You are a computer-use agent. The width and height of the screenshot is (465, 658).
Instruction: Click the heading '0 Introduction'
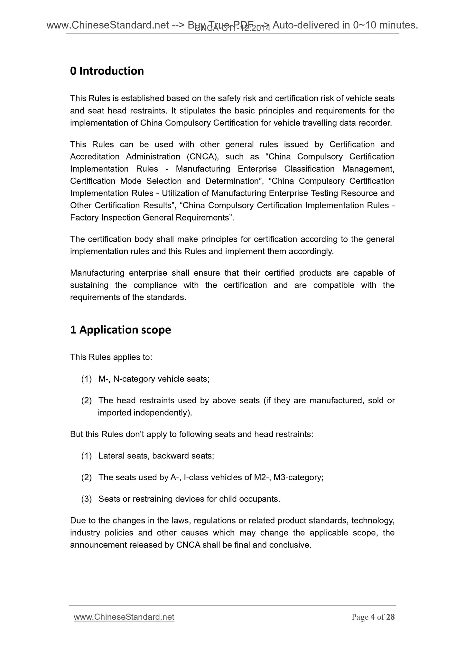point(107,71)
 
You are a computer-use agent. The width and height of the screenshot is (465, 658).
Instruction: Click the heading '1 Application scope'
point(120,330)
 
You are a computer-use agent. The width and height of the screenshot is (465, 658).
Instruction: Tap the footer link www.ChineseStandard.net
point(124,617)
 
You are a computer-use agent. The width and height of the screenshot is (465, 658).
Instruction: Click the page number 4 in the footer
point(373,617)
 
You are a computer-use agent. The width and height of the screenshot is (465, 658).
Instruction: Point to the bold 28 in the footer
point(390,617)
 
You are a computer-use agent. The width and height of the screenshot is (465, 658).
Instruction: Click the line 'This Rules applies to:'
point(111,357)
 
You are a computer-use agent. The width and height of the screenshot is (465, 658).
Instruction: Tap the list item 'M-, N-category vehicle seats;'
point(154,379)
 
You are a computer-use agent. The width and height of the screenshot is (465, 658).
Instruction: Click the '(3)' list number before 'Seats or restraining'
point(86,499)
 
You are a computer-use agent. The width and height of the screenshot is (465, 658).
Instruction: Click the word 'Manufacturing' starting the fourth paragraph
point(96,273)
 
